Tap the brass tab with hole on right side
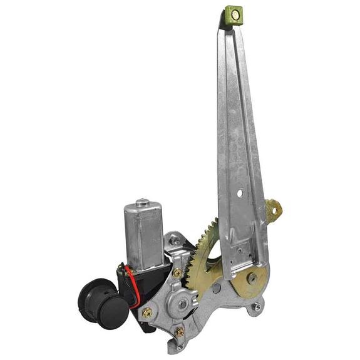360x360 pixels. point(273,210)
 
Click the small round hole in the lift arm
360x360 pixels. point(239,193)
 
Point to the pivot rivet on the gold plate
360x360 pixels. point(251,279)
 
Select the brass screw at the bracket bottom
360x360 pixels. point(180,331)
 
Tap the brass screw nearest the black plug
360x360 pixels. point(147,312)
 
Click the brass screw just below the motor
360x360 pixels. point(177,273)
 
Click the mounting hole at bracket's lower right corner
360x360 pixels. point(257,307)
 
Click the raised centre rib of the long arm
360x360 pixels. point(237,125)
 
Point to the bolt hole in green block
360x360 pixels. point(235,14)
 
